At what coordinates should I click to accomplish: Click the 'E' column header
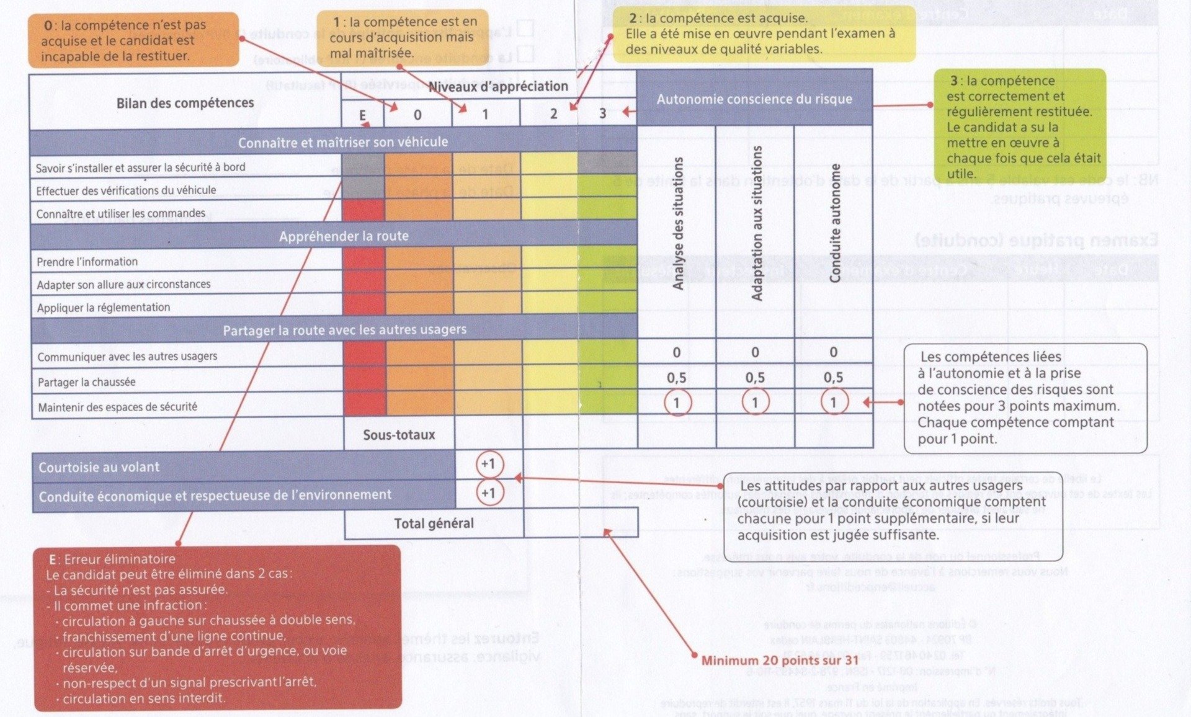point(362,115)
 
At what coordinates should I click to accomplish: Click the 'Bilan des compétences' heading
point(185,102)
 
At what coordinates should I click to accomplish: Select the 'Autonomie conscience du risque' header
point(754,99)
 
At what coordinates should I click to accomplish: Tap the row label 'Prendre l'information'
point(87,262)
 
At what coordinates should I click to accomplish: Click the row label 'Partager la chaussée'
point(86,382)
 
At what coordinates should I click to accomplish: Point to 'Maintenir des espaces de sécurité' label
point(117,407)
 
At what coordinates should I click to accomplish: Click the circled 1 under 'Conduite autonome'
point(833,403)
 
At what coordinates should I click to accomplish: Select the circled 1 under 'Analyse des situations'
point(676,403)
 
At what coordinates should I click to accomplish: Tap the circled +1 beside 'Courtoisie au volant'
point(489,464)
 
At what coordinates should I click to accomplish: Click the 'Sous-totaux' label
point(399,435)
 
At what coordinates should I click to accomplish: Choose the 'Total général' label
point(434,523)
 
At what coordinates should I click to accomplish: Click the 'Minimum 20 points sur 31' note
point(780,661)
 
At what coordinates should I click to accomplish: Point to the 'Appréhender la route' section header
point(344,236)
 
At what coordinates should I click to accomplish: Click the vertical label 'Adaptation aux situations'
point(756,223)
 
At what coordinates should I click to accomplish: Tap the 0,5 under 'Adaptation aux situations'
point(755,378)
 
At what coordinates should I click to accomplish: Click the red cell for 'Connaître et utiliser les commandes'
point(363,210)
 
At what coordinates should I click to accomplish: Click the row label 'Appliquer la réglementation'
point(103,308)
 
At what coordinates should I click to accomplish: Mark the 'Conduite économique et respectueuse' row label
point(215,496)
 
